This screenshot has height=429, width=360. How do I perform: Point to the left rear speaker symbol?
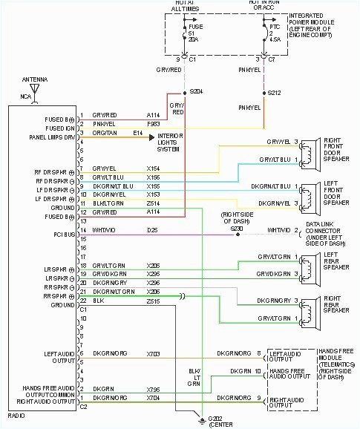tap(306, 263)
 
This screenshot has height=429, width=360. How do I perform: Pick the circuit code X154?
tap(154, 169)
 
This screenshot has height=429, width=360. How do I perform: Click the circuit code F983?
tap(154, 124)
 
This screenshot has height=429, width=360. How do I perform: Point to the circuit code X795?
tap(154, 388)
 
